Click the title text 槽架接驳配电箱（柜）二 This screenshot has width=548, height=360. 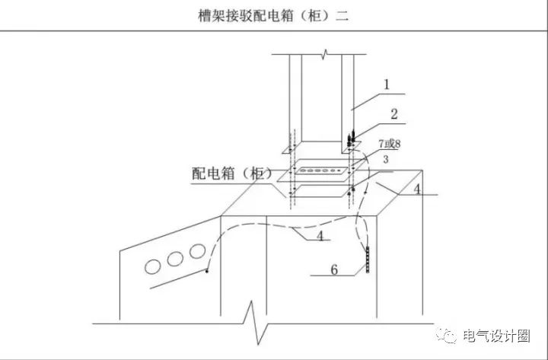coord(273,16)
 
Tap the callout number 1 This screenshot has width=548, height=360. coord(386,84)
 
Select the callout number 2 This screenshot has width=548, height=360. coord(394,114)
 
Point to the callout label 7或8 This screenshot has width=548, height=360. coord(390,144)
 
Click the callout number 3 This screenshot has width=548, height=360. coord(385,159)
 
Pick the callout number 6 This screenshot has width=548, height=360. coord(334,270)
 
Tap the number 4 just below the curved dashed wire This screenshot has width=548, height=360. coord(320,236)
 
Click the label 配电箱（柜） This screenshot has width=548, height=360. coord(231,174)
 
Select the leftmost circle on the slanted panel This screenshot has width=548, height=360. coord(153,266)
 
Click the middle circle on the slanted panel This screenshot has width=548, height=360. coord(175,259)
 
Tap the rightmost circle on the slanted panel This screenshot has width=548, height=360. coord(197,251)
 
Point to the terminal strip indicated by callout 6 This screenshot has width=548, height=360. coord(368,260)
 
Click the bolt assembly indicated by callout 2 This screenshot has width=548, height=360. coord(351,139)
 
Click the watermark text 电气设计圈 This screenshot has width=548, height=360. coord(496,336)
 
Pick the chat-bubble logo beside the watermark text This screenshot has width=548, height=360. coord(446,336)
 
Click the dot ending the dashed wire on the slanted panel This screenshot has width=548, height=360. coord(207,271)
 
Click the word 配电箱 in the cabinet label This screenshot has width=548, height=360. coord(212,174)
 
